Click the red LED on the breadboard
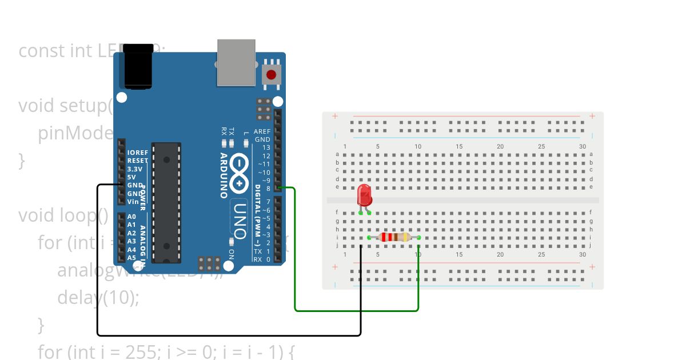tap(364, 195)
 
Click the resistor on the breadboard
tap(394, 237)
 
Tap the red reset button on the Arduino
tap(271, 75)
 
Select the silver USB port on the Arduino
tap(236, 62)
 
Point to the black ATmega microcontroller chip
tap(166, 203)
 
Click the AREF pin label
tap(262, 131)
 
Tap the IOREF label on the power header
tap(138, 153)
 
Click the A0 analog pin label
tap(131, 217)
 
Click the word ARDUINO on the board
tap(224, 175)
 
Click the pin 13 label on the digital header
tap(266, 147)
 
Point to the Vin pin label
tap(133, 202)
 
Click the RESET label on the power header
tap(138, 161)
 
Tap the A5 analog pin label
tap(131, 258)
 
